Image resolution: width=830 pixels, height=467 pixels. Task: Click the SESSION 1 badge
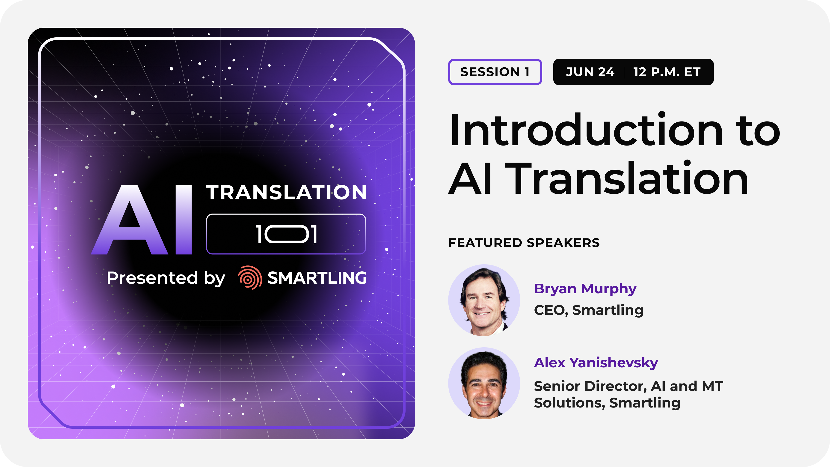click(495, 72)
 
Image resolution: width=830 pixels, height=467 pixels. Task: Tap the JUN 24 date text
click(590, 72)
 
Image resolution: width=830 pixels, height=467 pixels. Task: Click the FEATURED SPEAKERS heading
click(524, 243)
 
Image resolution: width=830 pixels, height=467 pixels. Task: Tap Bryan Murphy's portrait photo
click(484, 300)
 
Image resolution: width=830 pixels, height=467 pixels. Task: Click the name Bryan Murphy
click(585, 289)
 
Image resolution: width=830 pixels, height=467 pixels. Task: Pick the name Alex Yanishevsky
click(596, 363)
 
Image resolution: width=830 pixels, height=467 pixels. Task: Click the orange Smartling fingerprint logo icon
click(250, 277)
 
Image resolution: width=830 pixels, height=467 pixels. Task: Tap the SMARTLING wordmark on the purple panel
click(317, 278)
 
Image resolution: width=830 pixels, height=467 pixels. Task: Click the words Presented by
click(166, 278)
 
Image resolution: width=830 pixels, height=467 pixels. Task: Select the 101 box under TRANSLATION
click(286, 234)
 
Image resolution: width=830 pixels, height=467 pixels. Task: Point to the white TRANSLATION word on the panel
click(286, 192)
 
